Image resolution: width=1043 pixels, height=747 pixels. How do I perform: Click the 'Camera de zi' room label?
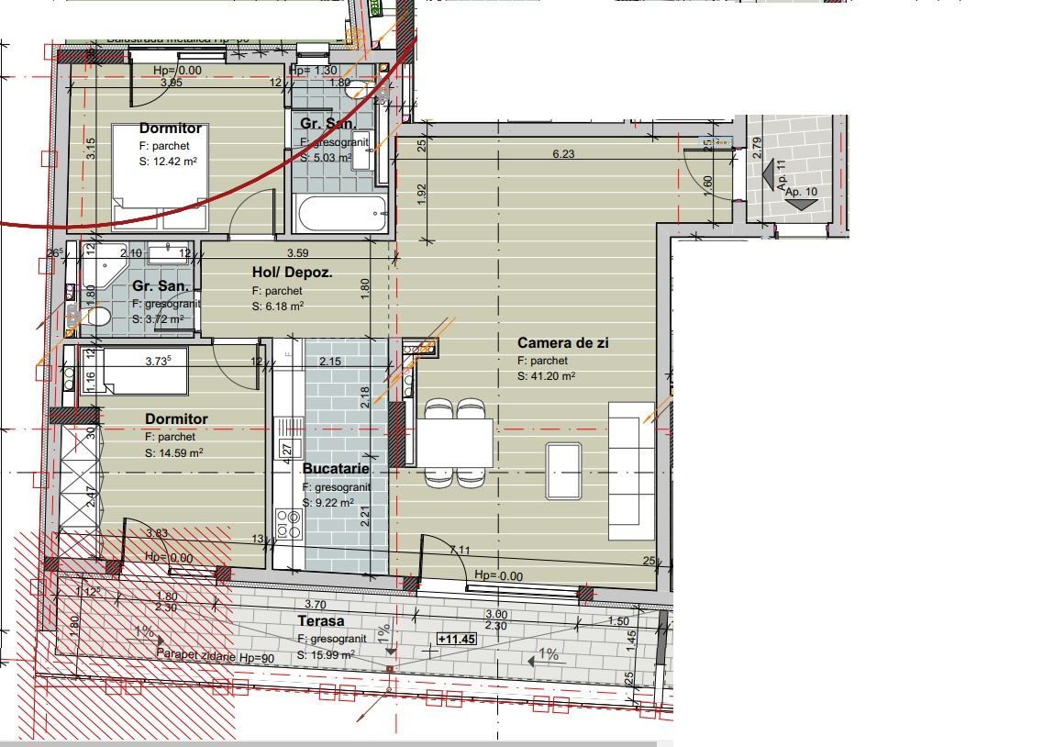coord(575,343)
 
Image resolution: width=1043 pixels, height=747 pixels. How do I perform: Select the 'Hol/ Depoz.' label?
coord(292,273)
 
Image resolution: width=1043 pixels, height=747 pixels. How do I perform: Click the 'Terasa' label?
coord(321,621)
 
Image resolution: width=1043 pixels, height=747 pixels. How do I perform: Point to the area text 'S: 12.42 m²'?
coord(168,161)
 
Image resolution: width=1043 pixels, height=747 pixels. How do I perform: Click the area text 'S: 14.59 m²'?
coord(173,452)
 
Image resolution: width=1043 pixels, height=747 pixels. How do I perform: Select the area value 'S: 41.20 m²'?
coord(546,376)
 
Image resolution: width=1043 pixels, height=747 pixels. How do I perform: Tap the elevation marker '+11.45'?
coord(456,638)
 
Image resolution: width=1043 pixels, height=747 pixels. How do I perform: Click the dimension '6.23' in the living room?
coord(563,154)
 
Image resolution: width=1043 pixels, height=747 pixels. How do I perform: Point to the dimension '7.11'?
coord(460,550)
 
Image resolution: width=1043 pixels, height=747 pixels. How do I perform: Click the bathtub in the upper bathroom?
coord(342,215)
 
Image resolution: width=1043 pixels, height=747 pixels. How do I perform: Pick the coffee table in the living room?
coord(563,470)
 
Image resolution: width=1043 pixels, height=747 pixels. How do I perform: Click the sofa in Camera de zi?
coord(631,470)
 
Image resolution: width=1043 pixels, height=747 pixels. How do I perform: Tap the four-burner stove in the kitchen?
coord(289,523)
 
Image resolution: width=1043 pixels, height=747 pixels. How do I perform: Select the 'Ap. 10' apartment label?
coord(800,192)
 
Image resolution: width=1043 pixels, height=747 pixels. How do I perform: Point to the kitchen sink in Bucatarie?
coord(290,428)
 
